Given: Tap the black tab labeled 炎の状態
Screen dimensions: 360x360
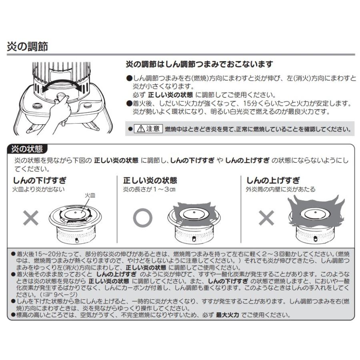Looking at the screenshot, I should click(x=27, y=150).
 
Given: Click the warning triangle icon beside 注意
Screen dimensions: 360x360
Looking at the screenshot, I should click(x=140, y=129).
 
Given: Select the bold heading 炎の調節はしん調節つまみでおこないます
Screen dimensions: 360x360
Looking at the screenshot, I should click(x=199, y=64).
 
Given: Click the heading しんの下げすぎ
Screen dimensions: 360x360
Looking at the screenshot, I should click(x=40, y=180).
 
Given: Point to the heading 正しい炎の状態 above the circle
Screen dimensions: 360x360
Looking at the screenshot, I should click(x=150, y=180).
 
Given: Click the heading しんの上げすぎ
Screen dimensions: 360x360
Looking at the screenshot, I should click(x=273, y=180).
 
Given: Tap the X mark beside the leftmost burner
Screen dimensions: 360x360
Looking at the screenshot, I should click(x=31, y=218).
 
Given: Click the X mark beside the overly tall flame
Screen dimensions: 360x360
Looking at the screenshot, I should click(x=266, y=218).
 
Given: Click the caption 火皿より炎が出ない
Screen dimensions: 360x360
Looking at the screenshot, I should click(x=39, y=189).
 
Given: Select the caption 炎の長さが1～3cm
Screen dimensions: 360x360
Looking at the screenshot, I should click(x=150, y=189).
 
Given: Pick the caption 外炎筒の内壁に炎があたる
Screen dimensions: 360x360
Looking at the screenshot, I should click(x=280, y=189).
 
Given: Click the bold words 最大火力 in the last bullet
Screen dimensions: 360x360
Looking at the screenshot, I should click(x=227, y=315).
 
